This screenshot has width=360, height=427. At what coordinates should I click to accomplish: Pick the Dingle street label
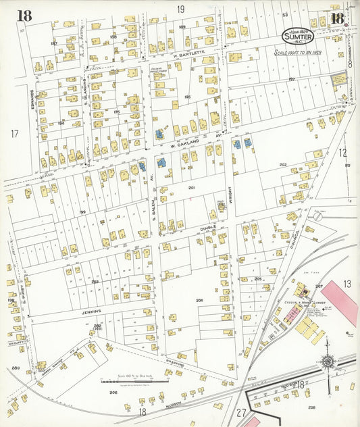pos(207,229)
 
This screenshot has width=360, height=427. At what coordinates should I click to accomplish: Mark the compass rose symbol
pos(328,362)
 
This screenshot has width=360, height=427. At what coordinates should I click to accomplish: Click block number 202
pos(283,165)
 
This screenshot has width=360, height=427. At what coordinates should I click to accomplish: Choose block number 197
pos(292,79)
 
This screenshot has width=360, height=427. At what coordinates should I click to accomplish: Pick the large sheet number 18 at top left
pos(24,16)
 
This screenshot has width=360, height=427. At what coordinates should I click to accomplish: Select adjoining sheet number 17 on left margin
pos(14,134)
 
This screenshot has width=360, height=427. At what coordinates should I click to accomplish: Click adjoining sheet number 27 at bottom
pos(241,412)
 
